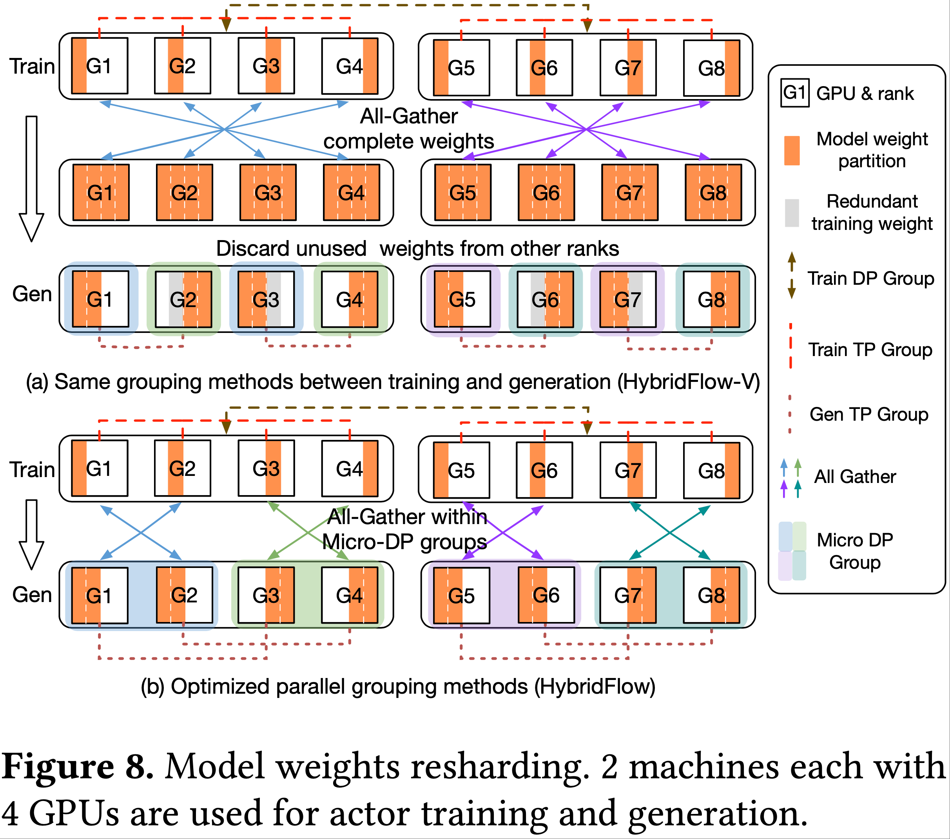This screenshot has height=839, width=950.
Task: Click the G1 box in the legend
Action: coord(794,93)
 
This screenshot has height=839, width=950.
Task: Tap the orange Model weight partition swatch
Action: coord(792,150)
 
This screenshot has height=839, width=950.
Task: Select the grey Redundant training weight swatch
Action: coord(792,213)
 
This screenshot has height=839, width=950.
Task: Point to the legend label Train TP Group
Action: coord(870,349)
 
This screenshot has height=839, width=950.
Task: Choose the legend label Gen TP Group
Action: coord(868,414)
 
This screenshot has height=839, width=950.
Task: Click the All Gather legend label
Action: coord(855,477)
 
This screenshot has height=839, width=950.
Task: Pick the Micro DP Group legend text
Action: coord(855,551)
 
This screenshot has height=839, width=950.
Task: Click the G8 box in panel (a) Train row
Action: coord(711,68)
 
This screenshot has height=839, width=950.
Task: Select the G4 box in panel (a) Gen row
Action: coord(350,299)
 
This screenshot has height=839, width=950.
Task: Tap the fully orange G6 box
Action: coord(546,192)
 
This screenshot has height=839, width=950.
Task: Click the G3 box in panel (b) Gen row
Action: coord(266,595)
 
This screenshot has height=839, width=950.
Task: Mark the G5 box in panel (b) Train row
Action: coord(461,470)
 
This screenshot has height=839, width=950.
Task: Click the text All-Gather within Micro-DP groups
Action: coord(405,529)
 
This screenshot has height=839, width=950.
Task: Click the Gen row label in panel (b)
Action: coord(32,595)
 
